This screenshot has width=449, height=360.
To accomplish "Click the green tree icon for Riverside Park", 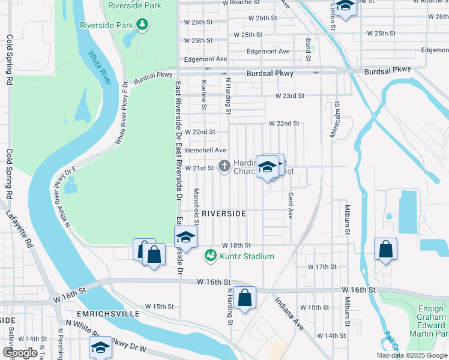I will (142, 25).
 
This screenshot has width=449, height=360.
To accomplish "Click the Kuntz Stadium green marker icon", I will (210, 256).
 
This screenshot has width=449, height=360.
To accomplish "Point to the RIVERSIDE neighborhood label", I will (223, 214).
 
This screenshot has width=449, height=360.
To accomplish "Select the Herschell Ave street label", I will (205, 150).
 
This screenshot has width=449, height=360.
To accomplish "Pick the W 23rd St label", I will (290, 96).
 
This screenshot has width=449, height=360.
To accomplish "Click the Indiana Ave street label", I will (289, 315).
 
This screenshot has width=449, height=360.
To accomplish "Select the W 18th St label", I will (236, 245).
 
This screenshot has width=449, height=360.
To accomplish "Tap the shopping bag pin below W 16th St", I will (245, 298).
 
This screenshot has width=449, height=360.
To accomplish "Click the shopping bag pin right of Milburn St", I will (385, 249).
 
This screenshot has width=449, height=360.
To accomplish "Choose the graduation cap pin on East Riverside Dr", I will (185, 238).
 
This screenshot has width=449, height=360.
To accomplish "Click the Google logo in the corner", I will (20, 353).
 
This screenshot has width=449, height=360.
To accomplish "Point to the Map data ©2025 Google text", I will (411, 355).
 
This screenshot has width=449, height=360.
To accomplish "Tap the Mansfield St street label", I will (196, 204).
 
